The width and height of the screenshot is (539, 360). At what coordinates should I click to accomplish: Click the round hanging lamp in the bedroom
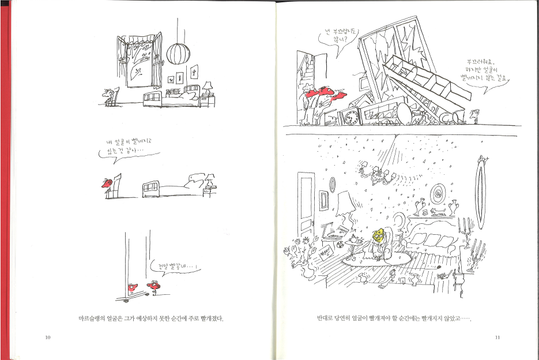[178, 54]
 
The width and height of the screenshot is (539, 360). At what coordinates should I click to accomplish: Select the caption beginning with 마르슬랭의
[150, 318]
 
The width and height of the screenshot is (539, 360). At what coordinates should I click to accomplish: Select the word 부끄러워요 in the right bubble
[486, 62]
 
